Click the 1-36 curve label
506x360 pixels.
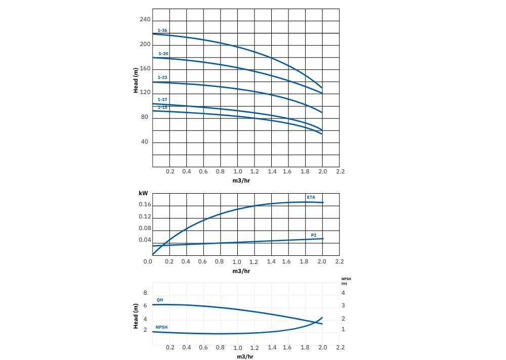(x=162, y=31)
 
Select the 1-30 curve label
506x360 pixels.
(x=163, y=54)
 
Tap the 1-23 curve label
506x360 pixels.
(x=162, y=77)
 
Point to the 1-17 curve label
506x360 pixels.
(x=162, y=100)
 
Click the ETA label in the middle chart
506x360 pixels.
(x=311, y=197)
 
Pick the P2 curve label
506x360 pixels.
(x=314, y=235)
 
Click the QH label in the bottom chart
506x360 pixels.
(x=160, y=300)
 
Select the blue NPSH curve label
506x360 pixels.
(x=161, y=327)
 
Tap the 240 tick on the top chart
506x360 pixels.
(x=145, y=20)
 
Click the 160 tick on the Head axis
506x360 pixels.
(x=145, y=68)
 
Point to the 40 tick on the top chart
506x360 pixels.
(x=145, y=142)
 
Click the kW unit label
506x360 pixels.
(x=143, y=194)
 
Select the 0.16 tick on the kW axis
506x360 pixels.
(x=145, y=205)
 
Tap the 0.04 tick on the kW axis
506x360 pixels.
(x=145, y=240)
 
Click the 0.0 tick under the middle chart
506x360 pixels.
(x=148, y=261)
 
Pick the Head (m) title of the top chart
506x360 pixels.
(x=136, y=80)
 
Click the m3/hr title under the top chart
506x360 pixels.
(x=241, y=180)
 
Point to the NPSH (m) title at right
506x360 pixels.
(x=347, y=281)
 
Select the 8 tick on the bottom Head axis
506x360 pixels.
(x=145, y=293)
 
